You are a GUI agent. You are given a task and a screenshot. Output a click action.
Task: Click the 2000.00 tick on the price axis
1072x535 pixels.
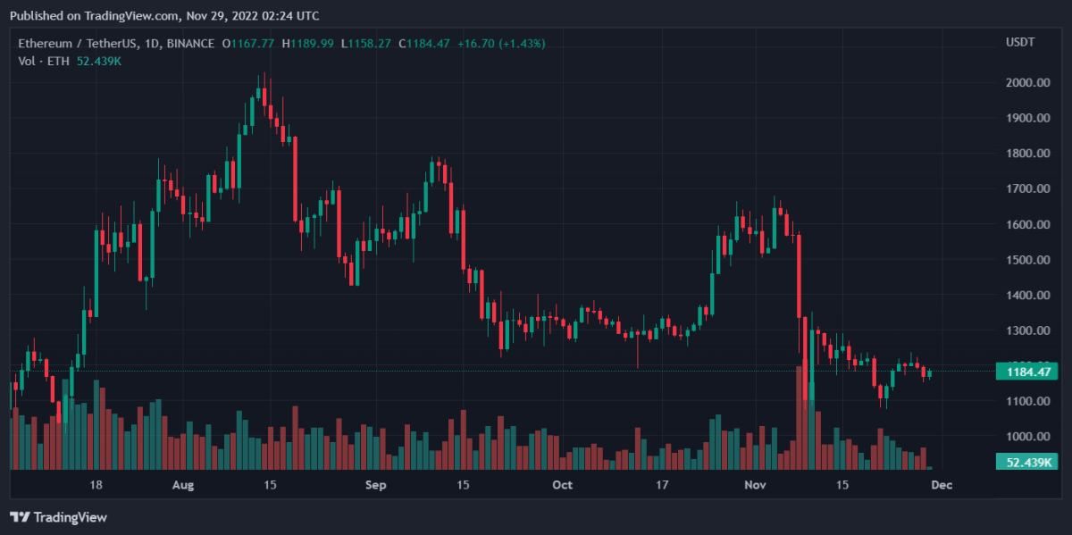(x=1026, y=83)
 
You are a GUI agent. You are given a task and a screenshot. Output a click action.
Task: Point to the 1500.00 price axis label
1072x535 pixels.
(x=1026, y=260)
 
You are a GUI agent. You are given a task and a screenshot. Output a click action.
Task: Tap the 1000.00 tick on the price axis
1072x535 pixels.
(x=1026, y=437)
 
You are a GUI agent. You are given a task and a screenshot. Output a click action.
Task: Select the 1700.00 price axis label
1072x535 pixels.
(x=1026, y=189)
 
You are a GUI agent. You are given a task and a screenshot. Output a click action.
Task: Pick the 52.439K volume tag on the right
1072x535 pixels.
(x=1026, y=462)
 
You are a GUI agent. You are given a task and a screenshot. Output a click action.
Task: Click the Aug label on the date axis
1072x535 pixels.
(x=182, y=485)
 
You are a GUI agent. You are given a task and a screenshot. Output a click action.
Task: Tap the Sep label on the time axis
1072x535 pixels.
(x=376, y=485)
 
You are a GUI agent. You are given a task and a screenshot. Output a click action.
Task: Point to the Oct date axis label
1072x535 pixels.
(x=562, y=485)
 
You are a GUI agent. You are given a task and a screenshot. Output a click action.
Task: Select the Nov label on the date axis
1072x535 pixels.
(x=756, y=485)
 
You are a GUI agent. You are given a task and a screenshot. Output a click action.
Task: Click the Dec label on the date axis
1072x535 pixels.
(x=942, y=485)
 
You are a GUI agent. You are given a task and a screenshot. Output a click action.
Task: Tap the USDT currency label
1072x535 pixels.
(x=1019, y=43)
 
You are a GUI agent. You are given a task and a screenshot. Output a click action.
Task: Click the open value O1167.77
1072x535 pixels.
(x=248, y=43)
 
